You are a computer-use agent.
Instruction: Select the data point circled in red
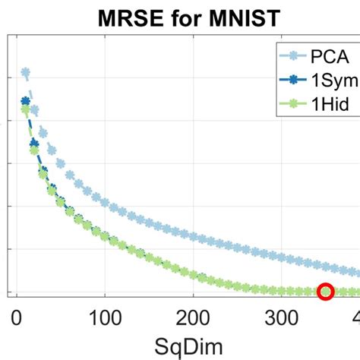[326, 292]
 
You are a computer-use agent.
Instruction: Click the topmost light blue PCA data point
[25, 74]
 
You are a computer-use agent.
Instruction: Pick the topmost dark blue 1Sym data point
[25, 101]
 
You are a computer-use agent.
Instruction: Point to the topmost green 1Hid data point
[25, 109]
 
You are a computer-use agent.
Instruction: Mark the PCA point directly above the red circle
[326, 263]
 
